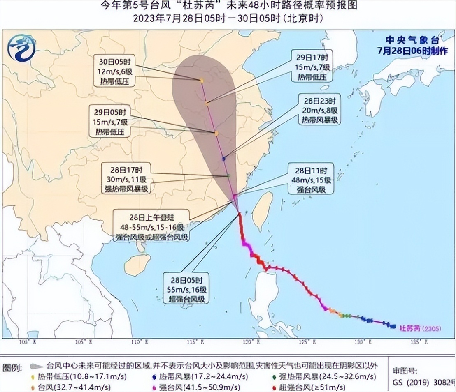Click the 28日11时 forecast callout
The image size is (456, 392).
312,180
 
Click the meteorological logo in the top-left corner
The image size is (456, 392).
21,48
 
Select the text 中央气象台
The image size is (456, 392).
412,41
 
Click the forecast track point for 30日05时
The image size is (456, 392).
202,81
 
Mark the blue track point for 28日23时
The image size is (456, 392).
224,158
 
